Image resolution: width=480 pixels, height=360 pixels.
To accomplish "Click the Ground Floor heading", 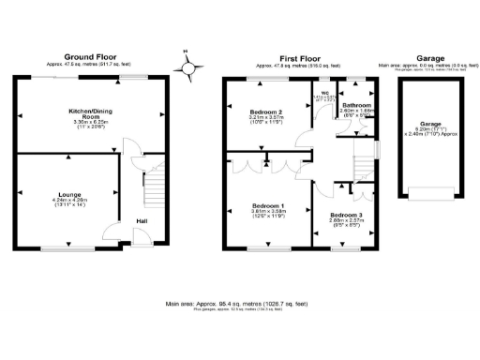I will point(90,57).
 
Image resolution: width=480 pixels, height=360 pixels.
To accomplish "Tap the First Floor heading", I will point(299,57).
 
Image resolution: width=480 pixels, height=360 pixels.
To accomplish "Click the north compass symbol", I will point(191,67).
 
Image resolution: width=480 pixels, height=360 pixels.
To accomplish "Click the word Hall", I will point(141,221).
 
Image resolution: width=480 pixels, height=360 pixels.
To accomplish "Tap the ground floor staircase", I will point(152,193).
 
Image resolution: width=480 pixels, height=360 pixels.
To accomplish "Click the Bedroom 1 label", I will point(268,204).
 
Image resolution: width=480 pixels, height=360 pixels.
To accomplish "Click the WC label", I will point(324,93).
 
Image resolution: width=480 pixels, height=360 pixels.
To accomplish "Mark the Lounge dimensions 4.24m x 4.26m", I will point(68,202).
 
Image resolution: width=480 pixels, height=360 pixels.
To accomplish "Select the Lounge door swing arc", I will point(112,234).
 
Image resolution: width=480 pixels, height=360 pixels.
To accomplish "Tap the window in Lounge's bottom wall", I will point(67,249).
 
